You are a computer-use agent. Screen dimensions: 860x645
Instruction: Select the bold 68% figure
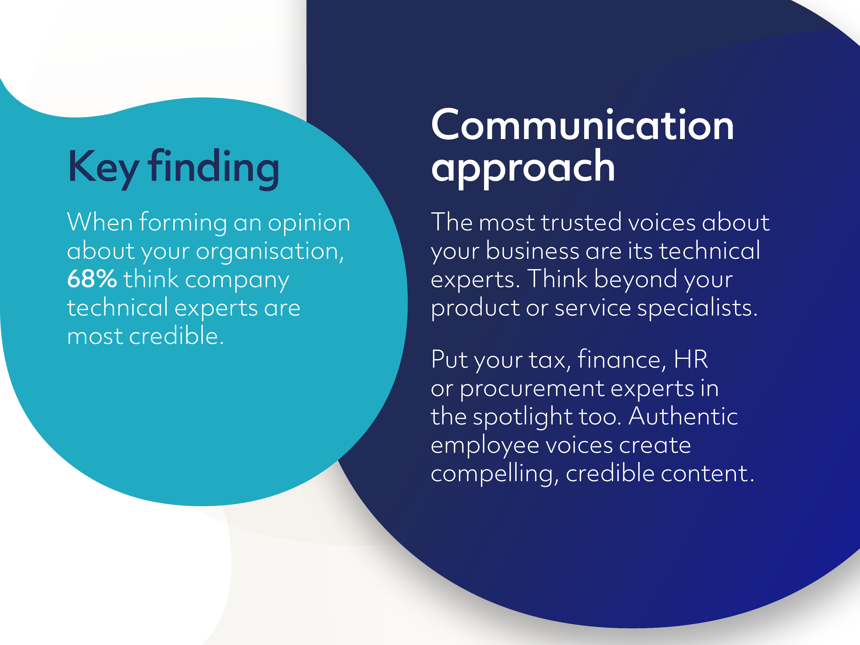(92, 279)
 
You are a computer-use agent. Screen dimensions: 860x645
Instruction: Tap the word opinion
(309, 223)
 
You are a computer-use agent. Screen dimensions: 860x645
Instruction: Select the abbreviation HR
(691, 359)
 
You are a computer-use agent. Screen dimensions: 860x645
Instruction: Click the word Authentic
(683, 416)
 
